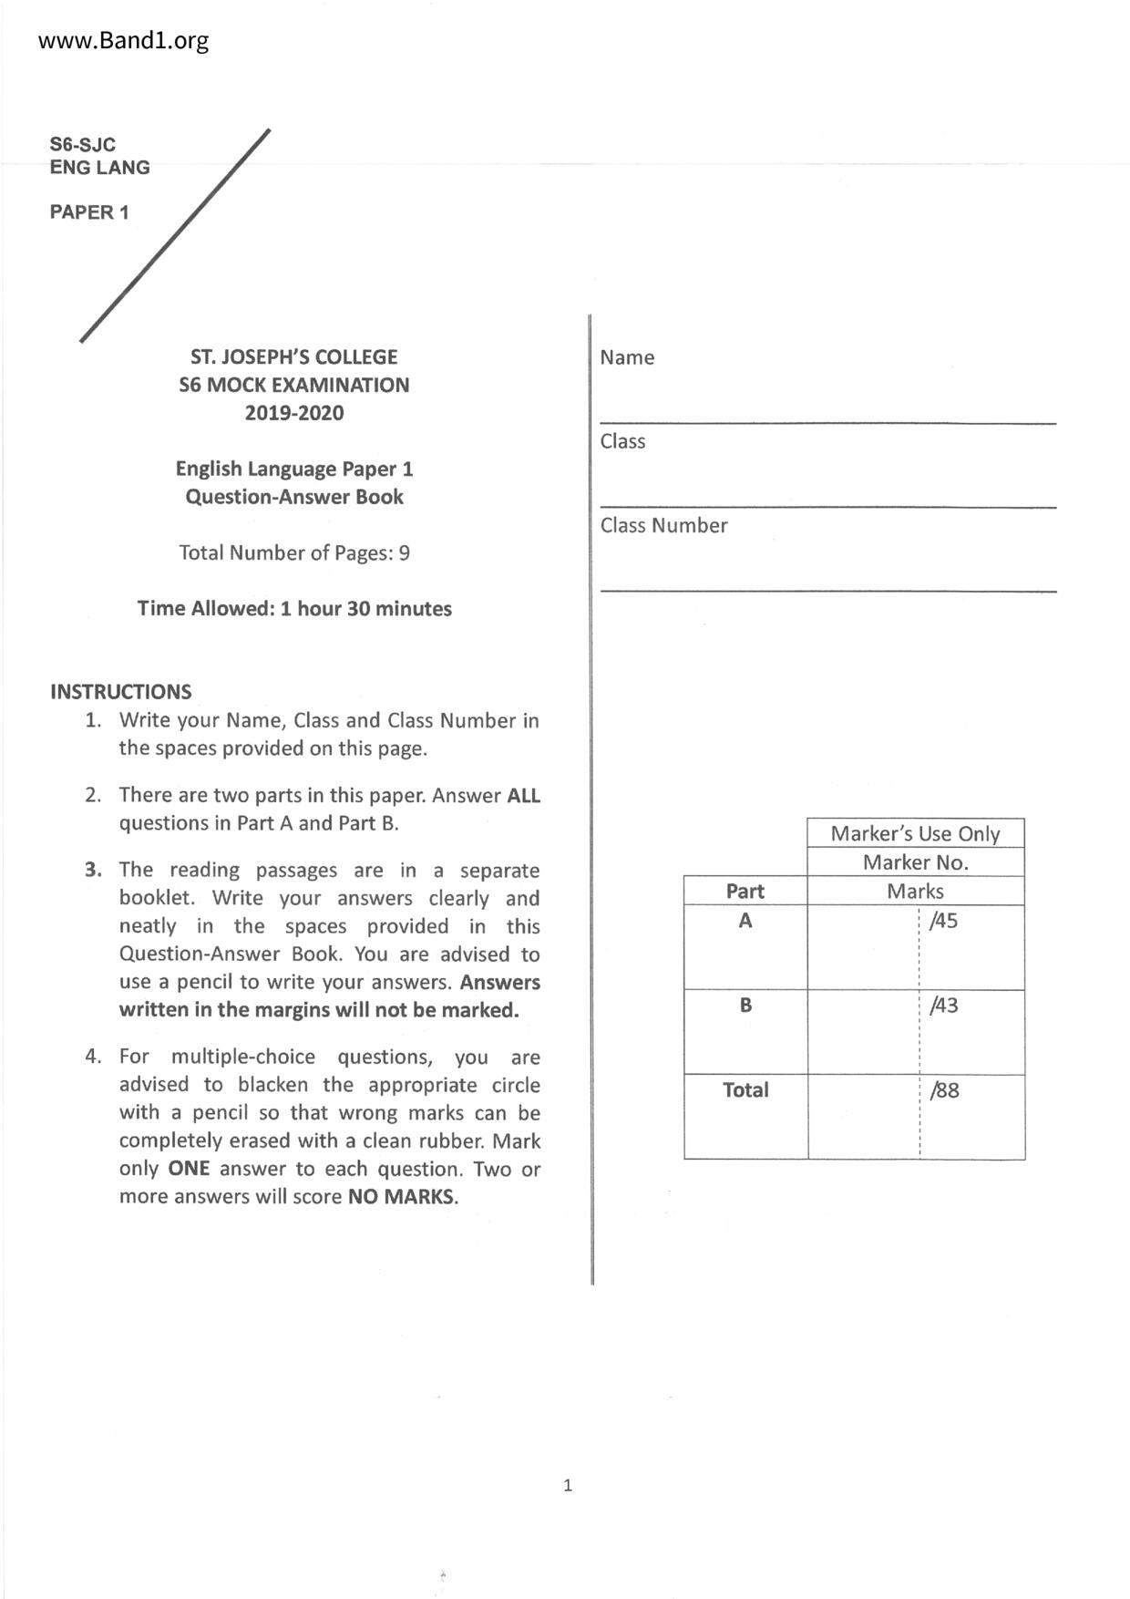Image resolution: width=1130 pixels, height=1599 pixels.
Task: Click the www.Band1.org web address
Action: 123,41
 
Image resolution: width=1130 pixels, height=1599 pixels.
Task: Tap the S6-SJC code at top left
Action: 82,144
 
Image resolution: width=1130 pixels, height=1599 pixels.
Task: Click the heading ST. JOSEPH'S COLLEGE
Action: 293,356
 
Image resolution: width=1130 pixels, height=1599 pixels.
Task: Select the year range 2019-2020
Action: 293,413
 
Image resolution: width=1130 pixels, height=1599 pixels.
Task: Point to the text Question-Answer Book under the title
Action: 293,497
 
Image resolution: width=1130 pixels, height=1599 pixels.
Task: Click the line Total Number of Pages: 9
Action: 293,552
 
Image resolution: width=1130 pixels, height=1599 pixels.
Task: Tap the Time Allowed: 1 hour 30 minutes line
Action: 293,608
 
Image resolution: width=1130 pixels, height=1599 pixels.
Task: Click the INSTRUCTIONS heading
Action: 120,691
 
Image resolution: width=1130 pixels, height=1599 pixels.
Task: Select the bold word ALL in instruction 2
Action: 523,795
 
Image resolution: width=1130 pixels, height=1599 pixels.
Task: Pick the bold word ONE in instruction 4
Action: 189,1169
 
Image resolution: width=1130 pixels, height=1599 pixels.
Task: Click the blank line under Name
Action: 827,422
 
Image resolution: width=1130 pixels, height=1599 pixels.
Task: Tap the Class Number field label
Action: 663,525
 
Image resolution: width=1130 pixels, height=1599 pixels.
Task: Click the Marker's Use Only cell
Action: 915,833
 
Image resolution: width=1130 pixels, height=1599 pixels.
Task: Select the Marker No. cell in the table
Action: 915,862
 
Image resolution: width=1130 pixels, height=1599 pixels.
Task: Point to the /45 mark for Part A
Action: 943,921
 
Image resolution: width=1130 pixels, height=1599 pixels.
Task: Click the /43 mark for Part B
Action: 943,1006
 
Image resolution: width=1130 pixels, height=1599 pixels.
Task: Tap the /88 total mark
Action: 944,1090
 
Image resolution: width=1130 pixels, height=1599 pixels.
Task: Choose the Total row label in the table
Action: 745,1090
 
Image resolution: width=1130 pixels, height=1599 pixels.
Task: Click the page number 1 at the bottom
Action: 568,1486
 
